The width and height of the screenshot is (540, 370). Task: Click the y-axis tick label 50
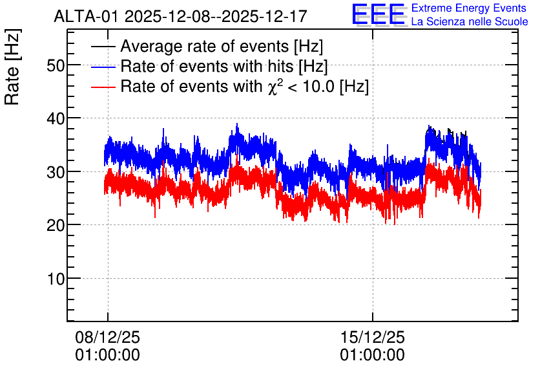56,65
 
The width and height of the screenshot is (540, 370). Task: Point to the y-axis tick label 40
56,118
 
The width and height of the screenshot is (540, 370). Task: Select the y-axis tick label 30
56,172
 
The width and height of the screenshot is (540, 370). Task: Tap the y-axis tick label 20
56,226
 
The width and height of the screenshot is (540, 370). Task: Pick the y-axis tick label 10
56,279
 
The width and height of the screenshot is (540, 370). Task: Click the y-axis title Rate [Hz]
12,67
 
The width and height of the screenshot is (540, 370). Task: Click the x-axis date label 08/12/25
107,337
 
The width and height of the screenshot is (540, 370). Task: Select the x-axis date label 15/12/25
372,337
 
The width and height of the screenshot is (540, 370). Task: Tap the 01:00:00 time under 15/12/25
372,355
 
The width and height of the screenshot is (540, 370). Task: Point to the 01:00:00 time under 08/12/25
107,355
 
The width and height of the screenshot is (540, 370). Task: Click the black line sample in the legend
103,47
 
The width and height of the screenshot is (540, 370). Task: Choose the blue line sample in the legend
103,67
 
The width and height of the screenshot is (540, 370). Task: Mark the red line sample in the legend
103,87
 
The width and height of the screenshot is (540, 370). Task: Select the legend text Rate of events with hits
207,66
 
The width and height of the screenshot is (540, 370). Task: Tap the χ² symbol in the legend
275,87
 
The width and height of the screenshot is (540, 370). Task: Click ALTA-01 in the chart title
87,17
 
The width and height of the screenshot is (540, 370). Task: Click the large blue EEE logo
379,14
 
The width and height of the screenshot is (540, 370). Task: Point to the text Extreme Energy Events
469,8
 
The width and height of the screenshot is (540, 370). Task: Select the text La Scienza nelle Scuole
470,22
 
